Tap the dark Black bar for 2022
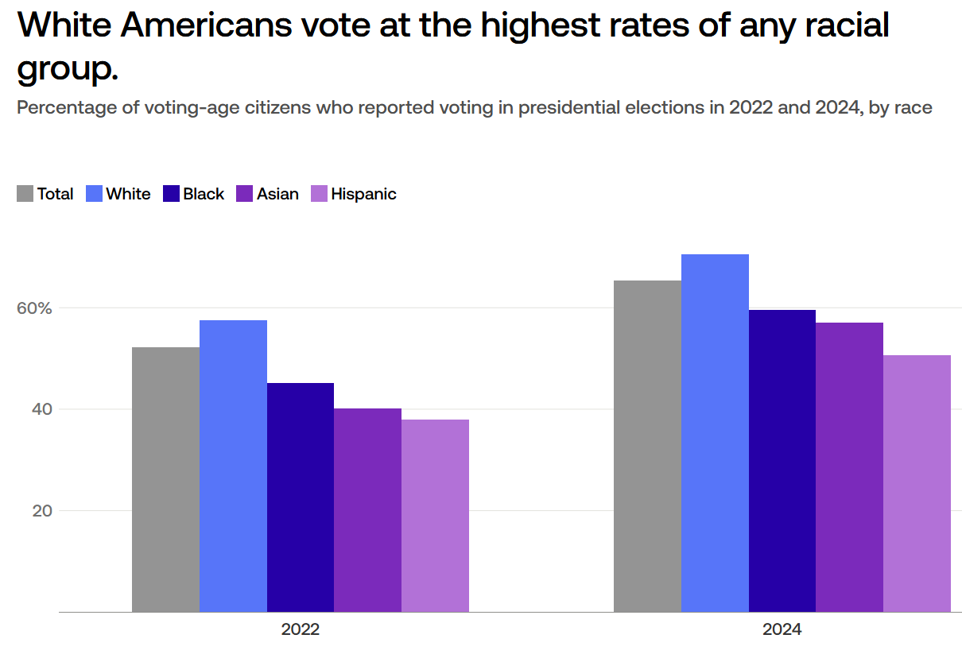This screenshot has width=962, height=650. pyautogui.click(x=301, y=497)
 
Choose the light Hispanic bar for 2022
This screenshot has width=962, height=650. pyautogui.click(x=435, y=516)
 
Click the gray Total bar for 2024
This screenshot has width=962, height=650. pyautogui.click(x=647, y=446)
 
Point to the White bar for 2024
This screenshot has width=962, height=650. pyautogui.click(x=715, y=433)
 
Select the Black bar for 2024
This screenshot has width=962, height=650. pyautogui.click(x=782, y=461)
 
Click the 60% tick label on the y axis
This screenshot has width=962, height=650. pyautogui.click(x=35, y=308)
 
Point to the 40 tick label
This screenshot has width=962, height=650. pyautogui.click(x=42, y=409)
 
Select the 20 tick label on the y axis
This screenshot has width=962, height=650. pyautogui.click(x=42, y=511)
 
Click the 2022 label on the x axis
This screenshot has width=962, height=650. pyautogui.click(x=300, y=630)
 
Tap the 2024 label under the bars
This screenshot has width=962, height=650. pyautogui.click(x=782, y=630)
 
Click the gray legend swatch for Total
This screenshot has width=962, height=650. pyautogui.click(x=25, y=194)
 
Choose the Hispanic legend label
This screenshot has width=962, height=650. pyautogui.click(x=363, y=194)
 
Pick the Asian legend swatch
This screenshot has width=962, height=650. pyautogui.click(x=245, y=194)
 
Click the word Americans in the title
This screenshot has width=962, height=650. pyautogui.click(x=206, y=26)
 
